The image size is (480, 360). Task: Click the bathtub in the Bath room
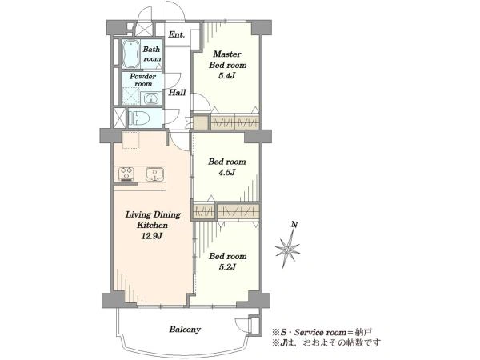131,54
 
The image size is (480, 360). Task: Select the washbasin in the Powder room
150,98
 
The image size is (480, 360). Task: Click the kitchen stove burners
126,174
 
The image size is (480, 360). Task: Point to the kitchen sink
155,174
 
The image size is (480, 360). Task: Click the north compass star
287,248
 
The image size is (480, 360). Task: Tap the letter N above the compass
294,225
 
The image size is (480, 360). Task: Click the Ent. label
177,34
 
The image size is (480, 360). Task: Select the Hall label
178,93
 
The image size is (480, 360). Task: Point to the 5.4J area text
226,76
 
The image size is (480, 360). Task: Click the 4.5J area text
226,173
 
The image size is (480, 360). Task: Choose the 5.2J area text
227,267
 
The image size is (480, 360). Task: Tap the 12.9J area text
151,236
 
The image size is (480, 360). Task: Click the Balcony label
186,330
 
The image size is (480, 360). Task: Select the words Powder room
143,80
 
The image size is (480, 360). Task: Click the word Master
227,54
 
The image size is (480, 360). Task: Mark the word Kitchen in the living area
152,226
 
